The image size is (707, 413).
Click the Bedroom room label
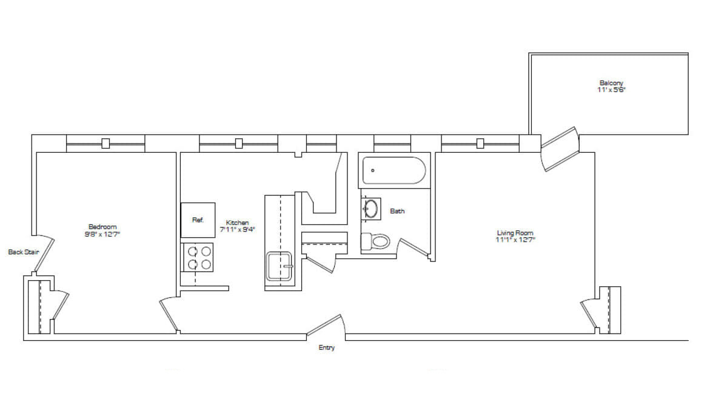coord(102,227)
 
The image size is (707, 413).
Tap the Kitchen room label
coord(237,223)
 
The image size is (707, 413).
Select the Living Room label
coord(515,233)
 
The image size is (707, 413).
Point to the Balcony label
coord(611,83)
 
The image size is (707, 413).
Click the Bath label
coord(397,211)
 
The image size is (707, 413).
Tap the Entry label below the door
coord(326,348)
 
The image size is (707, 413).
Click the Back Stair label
coord(24,252)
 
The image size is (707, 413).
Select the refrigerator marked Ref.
coord(198,220)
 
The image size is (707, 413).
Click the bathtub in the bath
coord(394,170)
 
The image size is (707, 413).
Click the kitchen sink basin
coord(280,266)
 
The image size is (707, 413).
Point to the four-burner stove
coord(198,257)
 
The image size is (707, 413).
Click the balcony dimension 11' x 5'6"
coord(611,90)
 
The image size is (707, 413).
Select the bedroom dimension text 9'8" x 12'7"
coord(102,233)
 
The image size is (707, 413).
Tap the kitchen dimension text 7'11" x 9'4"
coord(237,229)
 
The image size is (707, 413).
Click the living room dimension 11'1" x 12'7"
coord(515,240)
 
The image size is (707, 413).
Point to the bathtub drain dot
coord(372,170)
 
